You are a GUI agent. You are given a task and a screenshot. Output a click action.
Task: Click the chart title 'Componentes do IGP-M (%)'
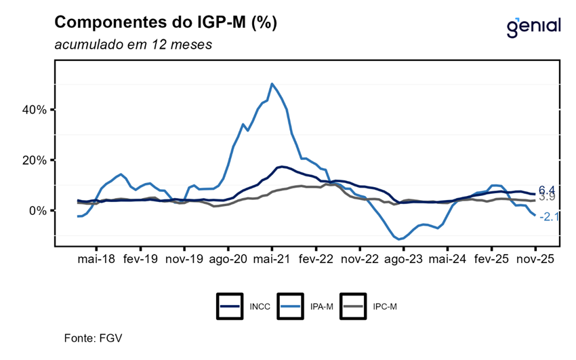[165, 23]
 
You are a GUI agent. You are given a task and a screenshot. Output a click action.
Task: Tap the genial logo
[533, 26]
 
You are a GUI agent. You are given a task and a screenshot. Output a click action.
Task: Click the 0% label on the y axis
[37, 210]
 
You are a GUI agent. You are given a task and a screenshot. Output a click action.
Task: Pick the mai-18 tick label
[96, 258]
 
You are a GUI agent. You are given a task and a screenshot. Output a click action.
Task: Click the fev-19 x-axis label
[140, 258]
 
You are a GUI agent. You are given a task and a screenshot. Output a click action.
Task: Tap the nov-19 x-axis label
[184, 258]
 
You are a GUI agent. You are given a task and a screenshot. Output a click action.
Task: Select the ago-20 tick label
[228, 258]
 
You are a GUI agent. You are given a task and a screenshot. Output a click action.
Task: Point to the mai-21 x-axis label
[272, 258]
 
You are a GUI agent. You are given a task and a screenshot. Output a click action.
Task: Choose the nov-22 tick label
[360, 258]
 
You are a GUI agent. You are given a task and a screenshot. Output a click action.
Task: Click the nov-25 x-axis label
[535, 258]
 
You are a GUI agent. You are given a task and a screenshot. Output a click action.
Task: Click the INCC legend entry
[243, 306]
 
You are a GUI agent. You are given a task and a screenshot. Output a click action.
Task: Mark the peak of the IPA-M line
[272, 84]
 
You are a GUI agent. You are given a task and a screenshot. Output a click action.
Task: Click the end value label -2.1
[549, 216]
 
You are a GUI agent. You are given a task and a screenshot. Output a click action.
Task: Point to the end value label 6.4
[547, 190]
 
